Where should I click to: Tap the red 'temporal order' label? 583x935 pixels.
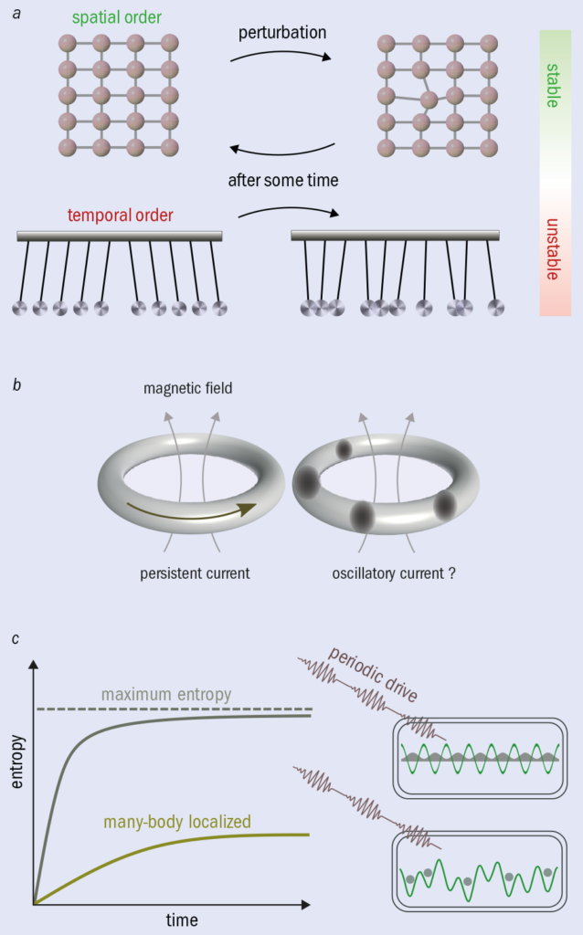[119, 216]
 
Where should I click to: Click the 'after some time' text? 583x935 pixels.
[283, 181]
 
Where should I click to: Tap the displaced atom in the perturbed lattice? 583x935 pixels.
[429, 100]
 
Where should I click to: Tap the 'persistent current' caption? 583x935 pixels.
[194, 573]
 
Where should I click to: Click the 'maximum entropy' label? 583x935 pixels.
[166, 696]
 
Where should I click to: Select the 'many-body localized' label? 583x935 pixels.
[184, 821]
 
